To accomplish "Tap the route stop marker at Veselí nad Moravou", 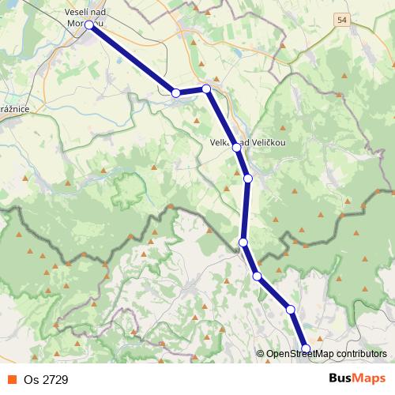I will [x=89, y=25].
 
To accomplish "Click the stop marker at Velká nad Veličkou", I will [x=235, y=147].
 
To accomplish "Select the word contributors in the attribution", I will [x=361, y=355].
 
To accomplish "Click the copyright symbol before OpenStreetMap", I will [x=260, y=355].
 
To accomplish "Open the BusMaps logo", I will [x=357, y=378].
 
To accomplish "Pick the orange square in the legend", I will [x=12, y=379].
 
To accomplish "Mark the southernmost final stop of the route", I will [x=306, y=348].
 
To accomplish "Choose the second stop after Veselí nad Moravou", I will [x=176, y=93].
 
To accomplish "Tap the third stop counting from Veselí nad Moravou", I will [x=206, y=89].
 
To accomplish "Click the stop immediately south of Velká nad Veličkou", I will [x=248, y=179].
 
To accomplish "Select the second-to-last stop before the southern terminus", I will [x=291, y=309].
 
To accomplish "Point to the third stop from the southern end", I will [x=257, y=276].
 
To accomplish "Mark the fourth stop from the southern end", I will [x=243, y=242].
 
